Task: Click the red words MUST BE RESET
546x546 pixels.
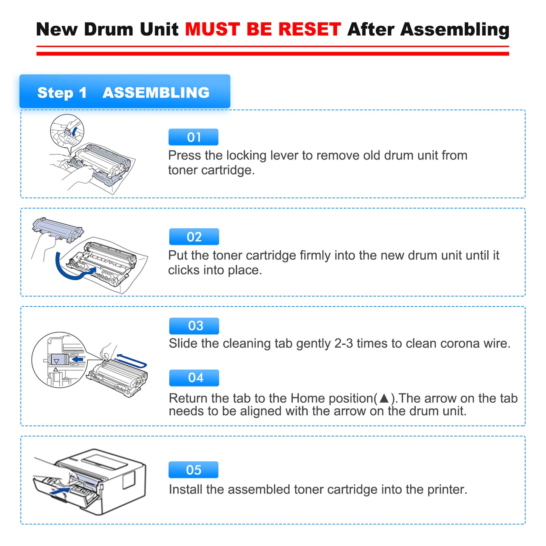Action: pyautogui.click(x=263, y=29)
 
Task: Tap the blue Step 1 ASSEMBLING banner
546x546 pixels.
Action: pyautogui.click(x=125, y=92)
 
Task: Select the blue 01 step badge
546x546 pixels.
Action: pyautogui.click(x=193, y=137)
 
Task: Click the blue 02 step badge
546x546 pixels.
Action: pyautogui.click(x=194, y=237)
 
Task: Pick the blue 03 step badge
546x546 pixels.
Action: pyautogui.click(x=194, y=326)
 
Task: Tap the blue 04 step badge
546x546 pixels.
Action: pyautogui.click(x=194, y=378)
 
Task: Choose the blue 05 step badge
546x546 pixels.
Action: pyautogui.click(x=193, y=470)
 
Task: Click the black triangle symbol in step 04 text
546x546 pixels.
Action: pyautogui.click(x=384, y=398)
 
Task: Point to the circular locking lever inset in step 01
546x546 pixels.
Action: pyautogui.click(x=67, y=131)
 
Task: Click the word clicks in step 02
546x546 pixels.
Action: pyautogui.click(x=184, y=270)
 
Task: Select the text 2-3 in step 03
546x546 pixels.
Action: pyautogui.click(x=343, y=343)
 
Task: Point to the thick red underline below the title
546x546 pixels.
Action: pyautogui.click(x=272, y=54)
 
